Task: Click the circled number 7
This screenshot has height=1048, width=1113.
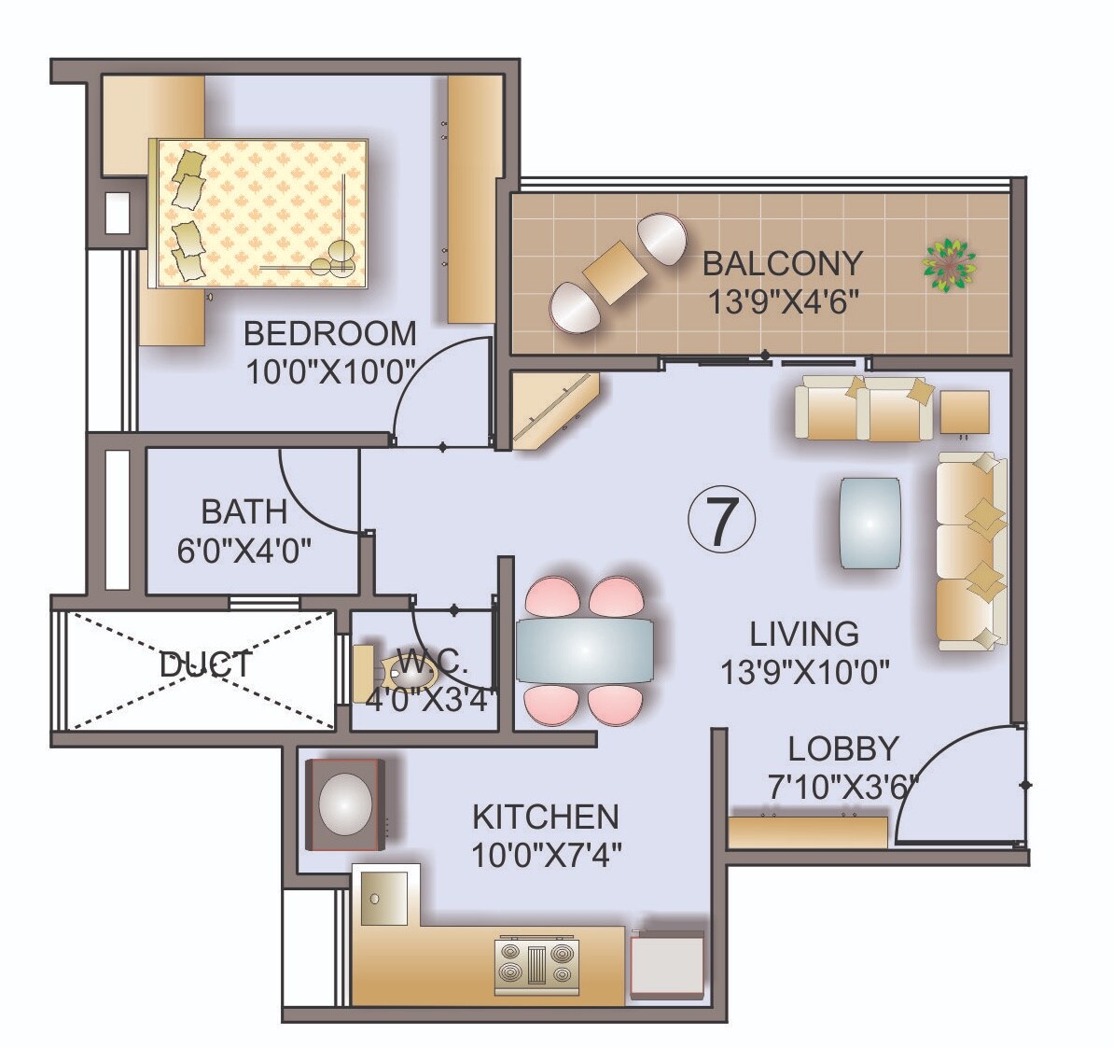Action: [721, 522]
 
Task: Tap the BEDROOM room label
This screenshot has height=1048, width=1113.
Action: [329, 333]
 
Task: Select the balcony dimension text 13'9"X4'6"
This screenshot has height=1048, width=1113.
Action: [782, 302]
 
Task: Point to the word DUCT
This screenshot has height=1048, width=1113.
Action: [205, 664]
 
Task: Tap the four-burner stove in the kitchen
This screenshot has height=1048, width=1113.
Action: [536, 964]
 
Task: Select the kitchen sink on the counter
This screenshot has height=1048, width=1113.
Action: [385, 897]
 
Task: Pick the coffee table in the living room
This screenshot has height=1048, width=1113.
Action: [870, 523]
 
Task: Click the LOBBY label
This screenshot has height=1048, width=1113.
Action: [842, 748]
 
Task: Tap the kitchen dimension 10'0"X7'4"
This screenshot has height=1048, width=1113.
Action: [546, 854]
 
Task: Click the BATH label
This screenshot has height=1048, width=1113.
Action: [244, 511]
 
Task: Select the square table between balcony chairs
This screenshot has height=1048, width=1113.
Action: [615, 272]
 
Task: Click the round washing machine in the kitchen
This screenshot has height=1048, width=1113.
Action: [345, 803]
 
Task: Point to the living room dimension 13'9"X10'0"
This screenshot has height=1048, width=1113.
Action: [804, 671]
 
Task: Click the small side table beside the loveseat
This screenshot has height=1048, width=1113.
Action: [964, 412]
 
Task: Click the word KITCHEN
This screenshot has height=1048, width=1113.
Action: [546, 817]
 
